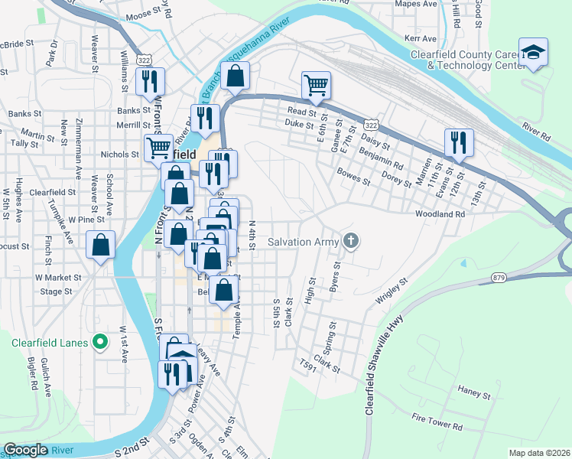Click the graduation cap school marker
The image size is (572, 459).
click(533, 53)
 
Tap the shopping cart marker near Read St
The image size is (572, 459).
click(316, 86)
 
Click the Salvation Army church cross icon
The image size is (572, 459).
click(351, 242)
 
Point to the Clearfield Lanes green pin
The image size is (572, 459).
click(99, 341)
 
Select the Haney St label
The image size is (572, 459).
click(474, 396)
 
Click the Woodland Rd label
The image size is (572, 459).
click(440, 215)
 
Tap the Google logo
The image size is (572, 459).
click(25, 450)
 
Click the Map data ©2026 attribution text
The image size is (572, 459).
click(538, 453)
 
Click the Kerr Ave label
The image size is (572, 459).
click(420, 37)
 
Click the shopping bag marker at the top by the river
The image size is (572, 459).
click(236, 76)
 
